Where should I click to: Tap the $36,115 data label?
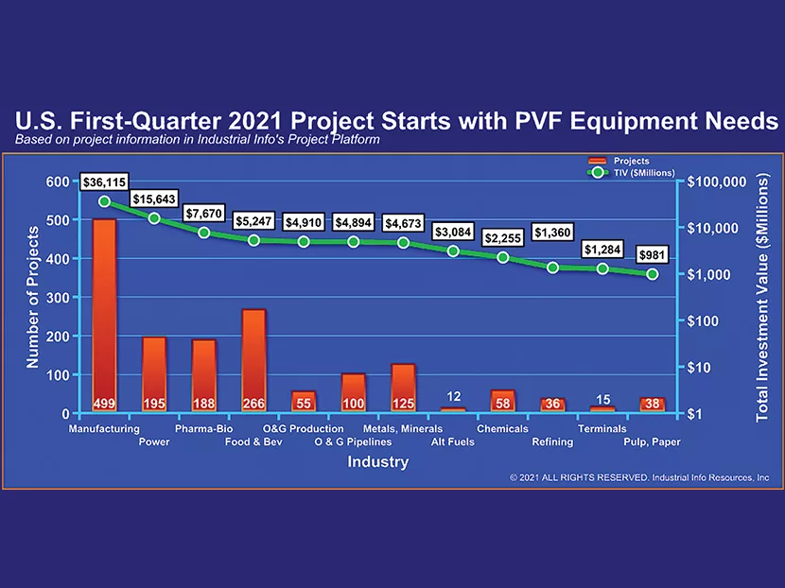(103, 181)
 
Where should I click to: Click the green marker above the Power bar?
(154, 218)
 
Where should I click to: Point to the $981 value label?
(652, 255)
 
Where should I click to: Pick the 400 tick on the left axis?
(59, 258)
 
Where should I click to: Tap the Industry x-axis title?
(377, 462)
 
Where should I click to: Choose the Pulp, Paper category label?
(652, 441)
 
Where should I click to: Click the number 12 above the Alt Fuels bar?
(453, 396)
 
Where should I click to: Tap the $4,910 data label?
(304, 222)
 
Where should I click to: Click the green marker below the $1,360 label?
(552, 268)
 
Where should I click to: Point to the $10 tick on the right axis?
(703, 367)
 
